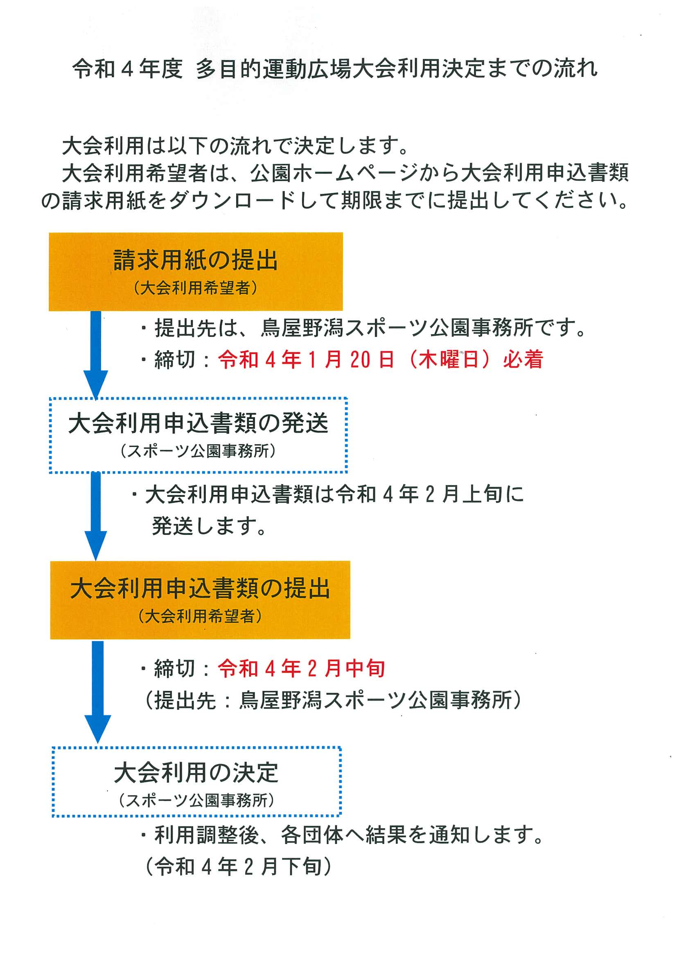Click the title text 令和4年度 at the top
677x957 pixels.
coord(128,68)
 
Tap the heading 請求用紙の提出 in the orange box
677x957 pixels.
coord(196,260)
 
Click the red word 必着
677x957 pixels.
coord(523,359)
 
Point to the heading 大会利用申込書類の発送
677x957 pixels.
coord(198,423)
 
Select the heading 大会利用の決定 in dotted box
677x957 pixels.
coord(196,773)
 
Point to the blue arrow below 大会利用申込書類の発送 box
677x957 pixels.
coord(96,517)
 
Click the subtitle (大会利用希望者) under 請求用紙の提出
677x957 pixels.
coord(196,288)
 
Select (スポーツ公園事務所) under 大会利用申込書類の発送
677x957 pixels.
coord(198,451)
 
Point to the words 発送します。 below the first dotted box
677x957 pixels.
coord(210,526)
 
